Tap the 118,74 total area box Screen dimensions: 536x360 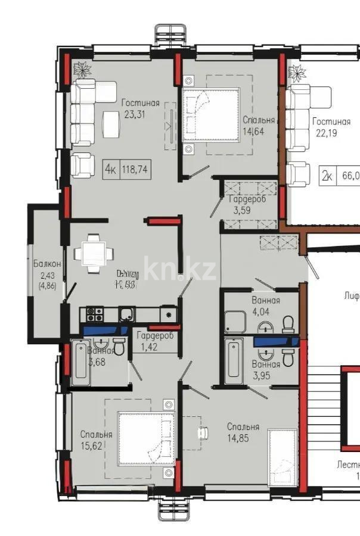point(134,169)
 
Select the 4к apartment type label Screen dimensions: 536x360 point(110,169)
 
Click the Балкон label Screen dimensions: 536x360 point(46,263)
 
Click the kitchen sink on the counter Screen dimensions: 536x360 point(127,314)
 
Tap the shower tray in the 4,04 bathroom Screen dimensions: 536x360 point(237,322)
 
